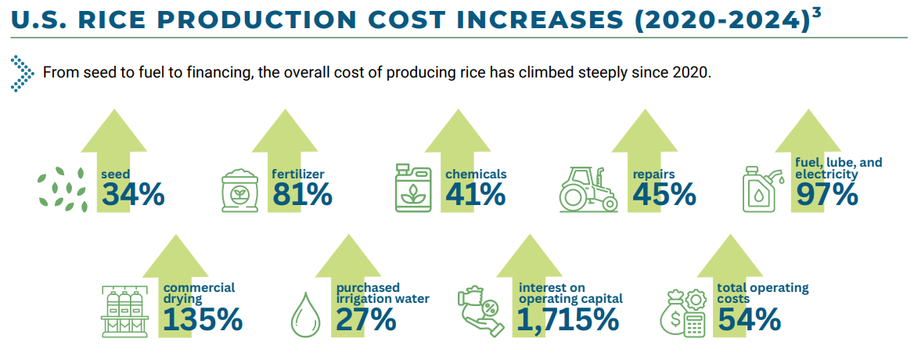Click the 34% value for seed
(x=132, y=195)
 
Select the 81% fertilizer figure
(x=302, y=195)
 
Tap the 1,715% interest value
(x=568, y=319)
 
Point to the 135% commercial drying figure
(x=203, y=319)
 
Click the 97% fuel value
(x=826, y=195)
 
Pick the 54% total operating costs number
(x=749, y=319)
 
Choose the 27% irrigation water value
(x=365, y=319)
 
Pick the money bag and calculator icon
(x=681, y=313)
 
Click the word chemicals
(x=476, y=174)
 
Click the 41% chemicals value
(x=475, y=195)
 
